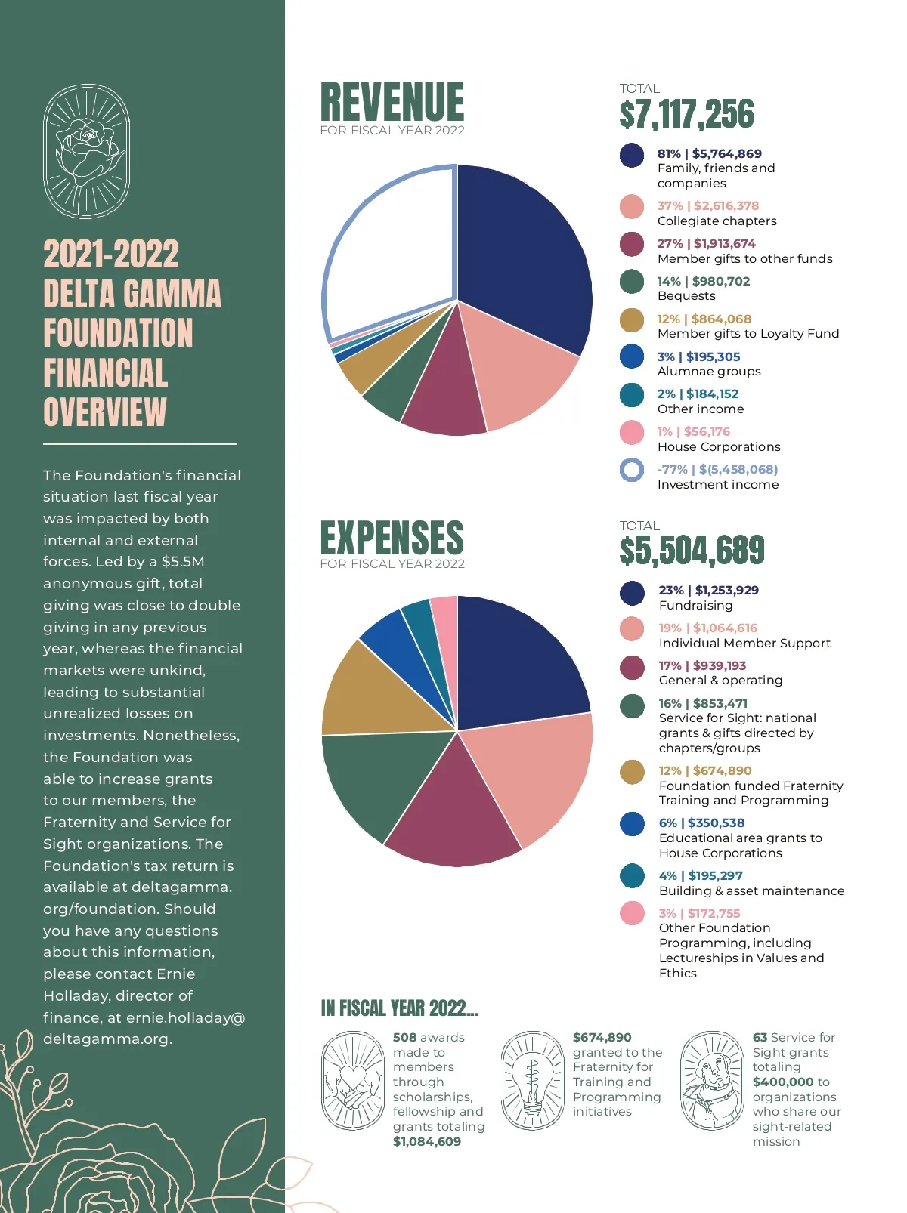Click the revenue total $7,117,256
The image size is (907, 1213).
686,115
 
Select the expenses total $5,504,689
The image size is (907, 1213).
692,551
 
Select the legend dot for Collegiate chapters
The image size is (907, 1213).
632,206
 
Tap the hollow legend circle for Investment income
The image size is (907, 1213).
632,470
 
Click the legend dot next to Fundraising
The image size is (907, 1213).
632,593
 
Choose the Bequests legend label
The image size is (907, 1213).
686,296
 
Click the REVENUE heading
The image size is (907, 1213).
392,102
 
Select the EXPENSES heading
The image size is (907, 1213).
392,538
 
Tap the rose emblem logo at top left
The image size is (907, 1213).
86,151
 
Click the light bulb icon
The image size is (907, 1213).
533,1080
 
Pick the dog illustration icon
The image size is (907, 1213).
713,1080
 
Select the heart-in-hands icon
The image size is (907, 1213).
353,1080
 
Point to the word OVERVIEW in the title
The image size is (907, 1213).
104,412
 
